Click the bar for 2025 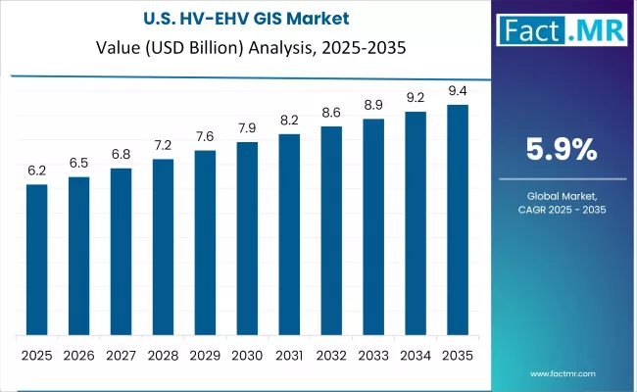(36, 259)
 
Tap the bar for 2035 (457, 220)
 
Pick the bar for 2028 (163, 246)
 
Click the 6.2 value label (36, 171)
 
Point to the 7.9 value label (247, 128)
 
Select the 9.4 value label (457, 91)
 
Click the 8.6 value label (331, 113)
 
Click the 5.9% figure (562, 150)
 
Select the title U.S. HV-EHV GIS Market (207, 19)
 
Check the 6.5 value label (78, 163)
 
